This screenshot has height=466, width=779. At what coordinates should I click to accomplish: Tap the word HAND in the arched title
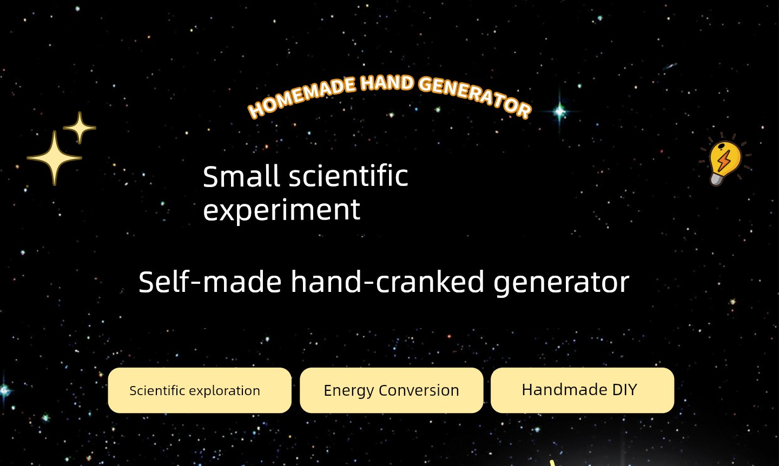pyautogui.click(x=387, y=83)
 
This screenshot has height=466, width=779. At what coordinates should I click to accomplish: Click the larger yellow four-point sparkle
pyautogui.click(x=54, y=158)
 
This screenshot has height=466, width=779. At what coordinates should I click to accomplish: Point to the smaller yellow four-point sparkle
pyautogui.click(x=80, y=128)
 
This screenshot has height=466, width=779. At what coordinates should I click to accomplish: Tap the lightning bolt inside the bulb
pyautogui.click(x=724, y=160)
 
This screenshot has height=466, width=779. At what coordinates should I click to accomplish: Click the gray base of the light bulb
pyautogui.click(x=716, y=179)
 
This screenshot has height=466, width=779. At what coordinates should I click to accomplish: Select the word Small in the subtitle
pyautogui.click(x=241, y=176)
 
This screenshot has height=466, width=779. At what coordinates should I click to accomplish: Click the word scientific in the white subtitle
pyautogui.click(x=348, y=176)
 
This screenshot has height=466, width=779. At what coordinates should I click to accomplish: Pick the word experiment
pyautogui.click(x=282, y=210)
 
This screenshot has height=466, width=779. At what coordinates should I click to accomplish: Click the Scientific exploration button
pyautogui.click(x=200, y=390)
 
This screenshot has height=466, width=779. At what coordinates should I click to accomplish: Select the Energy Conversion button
pyautogui.click(x=392, y=390)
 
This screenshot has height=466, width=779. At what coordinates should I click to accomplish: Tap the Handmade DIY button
pyautogui.click(x=583, y=390)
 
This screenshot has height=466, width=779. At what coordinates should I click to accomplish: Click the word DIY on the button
pyautogui.click(x=625, y=390)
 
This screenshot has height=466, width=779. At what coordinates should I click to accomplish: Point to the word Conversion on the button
pyautogui.click(x=419, y=390)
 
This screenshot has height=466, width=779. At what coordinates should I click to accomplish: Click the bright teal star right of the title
pyautogui.click(x=559, y=111)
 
